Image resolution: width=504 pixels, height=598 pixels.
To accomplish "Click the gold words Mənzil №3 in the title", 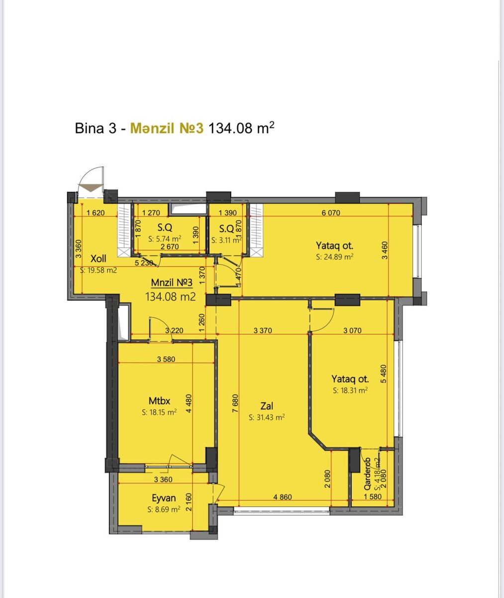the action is click(167, 128).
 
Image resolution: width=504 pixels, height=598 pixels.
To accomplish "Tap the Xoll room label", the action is click(98, 259).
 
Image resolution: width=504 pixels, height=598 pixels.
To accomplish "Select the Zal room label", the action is click(267, 406).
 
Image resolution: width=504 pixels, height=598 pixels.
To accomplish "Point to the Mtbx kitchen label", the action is click(159, 401).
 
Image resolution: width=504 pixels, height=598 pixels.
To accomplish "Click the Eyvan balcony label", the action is click(164, 498).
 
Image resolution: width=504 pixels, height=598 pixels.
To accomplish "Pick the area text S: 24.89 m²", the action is click(335, 257).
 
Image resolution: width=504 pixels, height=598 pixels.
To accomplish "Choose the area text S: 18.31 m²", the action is click(350, 390).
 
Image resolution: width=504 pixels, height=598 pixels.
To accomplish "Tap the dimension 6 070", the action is click(331, 213).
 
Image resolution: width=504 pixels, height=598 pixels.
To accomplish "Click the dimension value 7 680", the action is click(235, 403).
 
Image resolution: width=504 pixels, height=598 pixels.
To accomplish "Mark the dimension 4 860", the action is click(283, 497).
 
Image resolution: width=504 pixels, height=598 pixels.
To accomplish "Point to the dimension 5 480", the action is click(383, 373).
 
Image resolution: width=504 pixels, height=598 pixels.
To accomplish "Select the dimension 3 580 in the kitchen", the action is click(166, 359).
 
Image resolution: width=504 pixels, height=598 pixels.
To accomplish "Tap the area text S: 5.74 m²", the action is click(165, 239).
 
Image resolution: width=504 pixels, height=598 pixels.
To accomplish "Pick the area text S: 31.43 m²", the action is click(267, 417).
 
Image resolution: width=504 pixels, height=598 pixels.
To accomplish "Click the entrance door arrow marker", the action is click(91, 188).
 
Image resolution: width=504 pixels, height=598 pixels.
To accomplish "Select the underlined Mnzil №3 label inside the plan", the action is click(172, 283).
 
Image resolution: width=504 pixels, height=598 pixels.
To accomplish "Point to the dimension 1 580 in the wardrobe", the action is click(373, 496).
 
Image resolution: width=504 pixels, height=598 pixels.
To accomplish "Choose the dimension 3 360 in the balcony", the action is click(163, 479).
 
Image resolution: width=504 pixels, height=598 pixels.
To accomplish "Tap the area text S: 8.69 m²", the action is click(164, 509).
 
